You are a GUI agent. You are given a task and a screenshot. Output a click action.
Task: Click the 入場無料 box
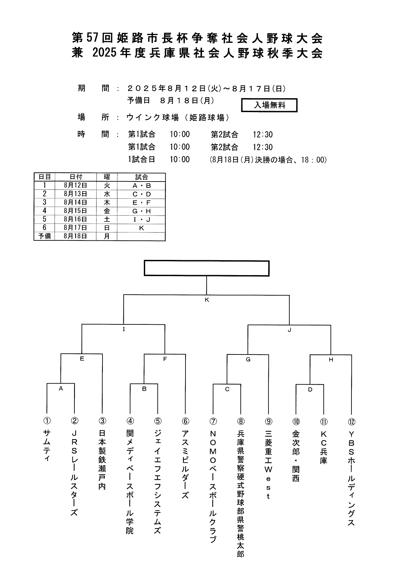coord(269,105)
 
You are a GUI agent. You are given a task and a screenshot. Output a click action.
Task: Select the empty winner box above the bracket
coord(207,268)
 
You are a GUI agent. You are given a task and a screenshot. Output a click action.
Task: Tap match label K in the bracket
coord(207,300)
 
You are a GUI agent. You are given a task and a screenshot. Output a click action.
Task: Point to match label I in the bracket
coord(124,329)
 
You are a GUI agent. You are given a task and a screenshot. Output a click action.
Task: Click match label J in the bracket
coord(289,330)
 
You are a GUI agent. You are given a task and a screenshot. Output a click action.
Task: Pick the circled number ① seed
coord(47,421)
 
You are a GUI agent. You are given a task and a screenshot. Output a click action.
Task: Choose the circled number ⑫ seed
coord(351,421)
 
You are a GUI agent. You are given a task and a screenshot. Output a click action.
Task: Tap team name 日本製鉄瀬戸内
coord(102,460)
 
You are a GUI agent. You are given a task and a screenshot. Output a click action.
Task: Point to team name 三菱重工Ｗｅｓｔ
coord(268,464)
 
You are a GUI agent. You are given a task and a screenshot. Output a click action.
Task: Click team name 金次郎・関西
coord(296,456)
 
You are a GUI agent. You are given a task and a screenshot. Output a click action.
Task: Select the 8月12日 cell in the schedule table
coord(75,186)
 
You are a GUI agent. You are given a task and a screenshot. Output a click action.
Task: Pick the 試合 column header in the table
coord(141,177)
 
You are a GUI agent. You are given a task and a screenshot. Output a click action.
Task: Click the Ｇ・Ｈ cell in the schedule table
coord(141,211)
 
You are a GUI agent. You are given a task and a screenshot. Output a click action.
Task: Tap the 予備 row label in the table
coord(44,236)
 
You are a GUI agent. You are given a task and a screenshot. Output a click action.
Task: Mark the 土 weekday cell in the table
coord(107,219)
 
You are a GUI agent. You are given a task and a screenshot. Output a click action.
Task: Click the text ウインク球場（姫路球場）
coord(178,117)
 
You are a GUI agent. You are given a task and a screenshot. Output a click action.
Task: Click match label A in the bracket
coord(61,389)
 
